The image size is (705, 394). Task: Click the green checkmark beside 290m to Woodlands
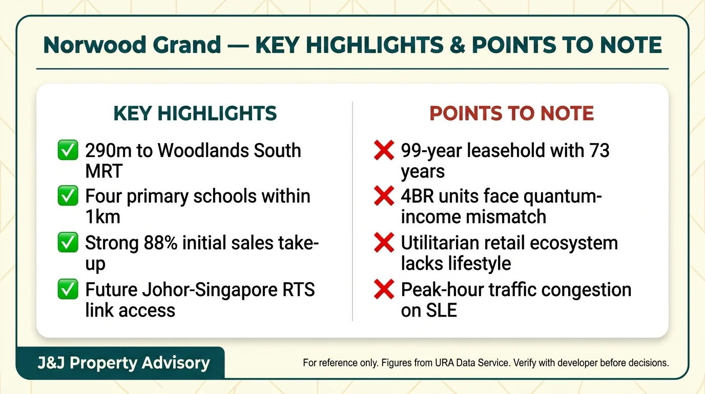pyautogui.click(x=68, y=151)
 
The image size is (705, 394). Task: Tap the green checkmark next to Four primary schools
pyautogui.click(x=68, y=196)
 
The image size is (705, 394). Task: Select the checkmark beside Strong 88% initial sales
pyautogui.click(x=68, y=243)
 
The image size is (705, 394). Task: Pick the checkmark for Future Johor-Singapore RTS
pyautogui.click(x=68, y=289)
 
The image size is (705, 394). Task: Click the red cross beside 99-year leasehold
pyautogui.click(x=384, y=151)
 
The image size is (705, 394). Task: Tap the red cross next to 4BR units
pyautogui.click(x=384, y=196)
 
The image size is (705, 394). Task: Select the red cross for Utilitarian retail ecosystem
pyautogui.click(x=384, y=243)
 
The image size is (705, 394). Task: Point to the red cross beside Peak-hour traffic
pyautogui.click(x=384, y=289)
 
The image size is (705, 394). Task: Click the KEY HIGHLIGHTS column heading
pyautogui.click(x=195, y=113)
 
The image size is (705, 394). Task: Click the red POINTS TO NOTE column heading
pyautogui.click(x=511, y=113)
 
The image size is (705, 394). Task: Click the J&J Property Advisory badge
pyautogui.click(x=123, y=363)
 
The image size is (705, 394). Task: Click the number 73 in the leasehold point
pyautogui.click(x=598, y=151)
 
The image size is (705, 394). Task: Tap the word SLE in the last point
pyautogui.click(x=429, y=310)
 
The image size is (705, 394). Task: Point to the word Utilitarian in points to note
pyautogui.click(x=440, y=243)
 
